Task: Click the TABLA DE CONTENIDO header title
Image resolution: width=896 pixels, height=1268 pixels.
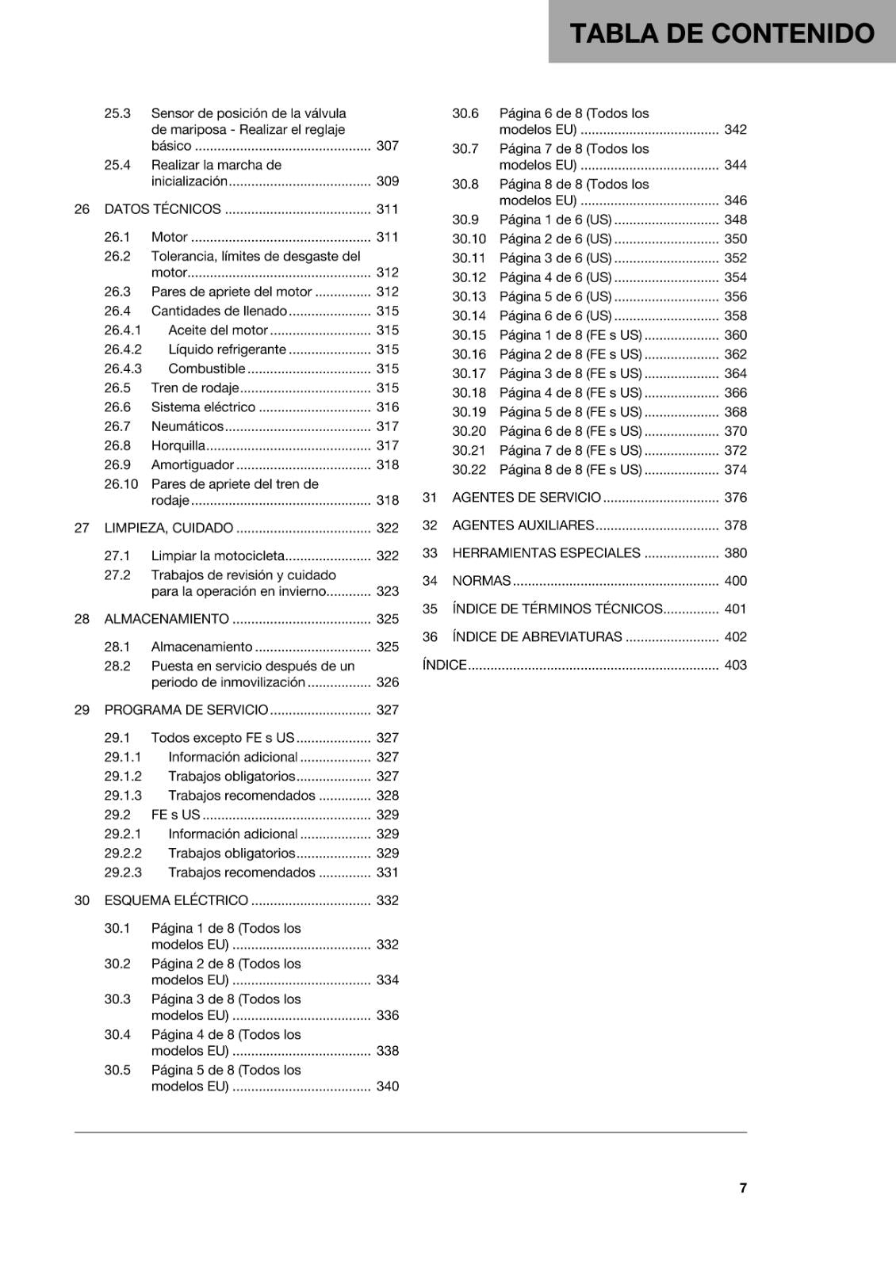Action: [x=722, y=33]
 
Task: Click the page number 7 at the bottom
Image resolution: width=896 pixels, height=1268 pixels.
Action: [x=743, y=1187]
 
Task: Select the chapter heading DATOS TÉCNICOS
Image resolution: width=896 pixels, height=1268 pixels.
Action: [x=163, y=209]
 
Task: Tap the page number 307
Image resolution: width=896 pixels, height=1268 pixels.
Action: [x=387, y=146]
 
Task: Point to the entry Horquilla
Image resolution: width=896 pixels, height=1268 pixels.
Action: [x=178, y=445]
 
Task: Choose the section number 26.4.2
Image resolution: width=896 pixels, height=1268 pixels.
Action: [x=123, y=349]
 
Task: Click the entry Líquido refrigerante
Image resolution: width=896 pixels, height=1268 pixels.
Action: [x=227, y=349]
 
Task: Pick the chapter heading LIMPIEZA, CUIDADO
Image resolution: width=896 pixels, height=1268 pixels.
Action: [x=169, y=528]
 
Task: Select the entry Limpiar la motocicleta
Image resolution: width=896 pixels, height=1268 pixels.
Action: [x=218, y=556]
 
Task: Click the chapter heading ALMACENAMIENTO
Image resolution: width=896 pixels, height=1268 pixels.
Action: [x=167, y=619]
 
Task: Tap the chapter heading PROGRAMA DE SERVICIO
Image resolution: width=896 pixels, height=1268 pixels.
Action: [x=186, y=710]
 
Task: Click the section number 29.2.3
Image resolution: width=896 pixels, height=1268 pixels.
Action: [x=123, y=873]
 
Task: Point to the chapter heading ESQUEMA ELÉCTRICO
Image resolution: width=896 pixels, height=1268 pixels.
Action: [x=176, y=900]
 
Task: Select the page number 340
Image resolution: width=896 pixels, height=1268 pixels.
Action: [x=387, y=1087]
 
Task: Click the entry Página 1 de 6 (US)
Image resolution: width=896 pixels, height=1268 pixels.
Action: [x=555, y=220]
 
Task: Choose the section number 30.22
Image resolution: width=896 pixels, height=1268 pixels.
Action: [x=469, y=470]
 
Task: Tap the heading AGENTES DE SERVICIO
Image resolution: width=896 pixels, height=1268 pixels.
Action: [x=526, y=498]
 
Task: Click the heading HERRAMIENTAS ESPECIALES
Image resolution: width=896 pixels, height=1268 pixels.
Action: [x=546, y=553]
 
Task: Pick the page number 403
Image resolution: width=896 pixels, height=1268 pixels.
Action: [x=735, y=665]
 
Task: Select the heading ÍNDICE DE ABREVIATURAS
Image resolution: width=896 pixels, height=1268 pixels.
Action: [x=537, y=636]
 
